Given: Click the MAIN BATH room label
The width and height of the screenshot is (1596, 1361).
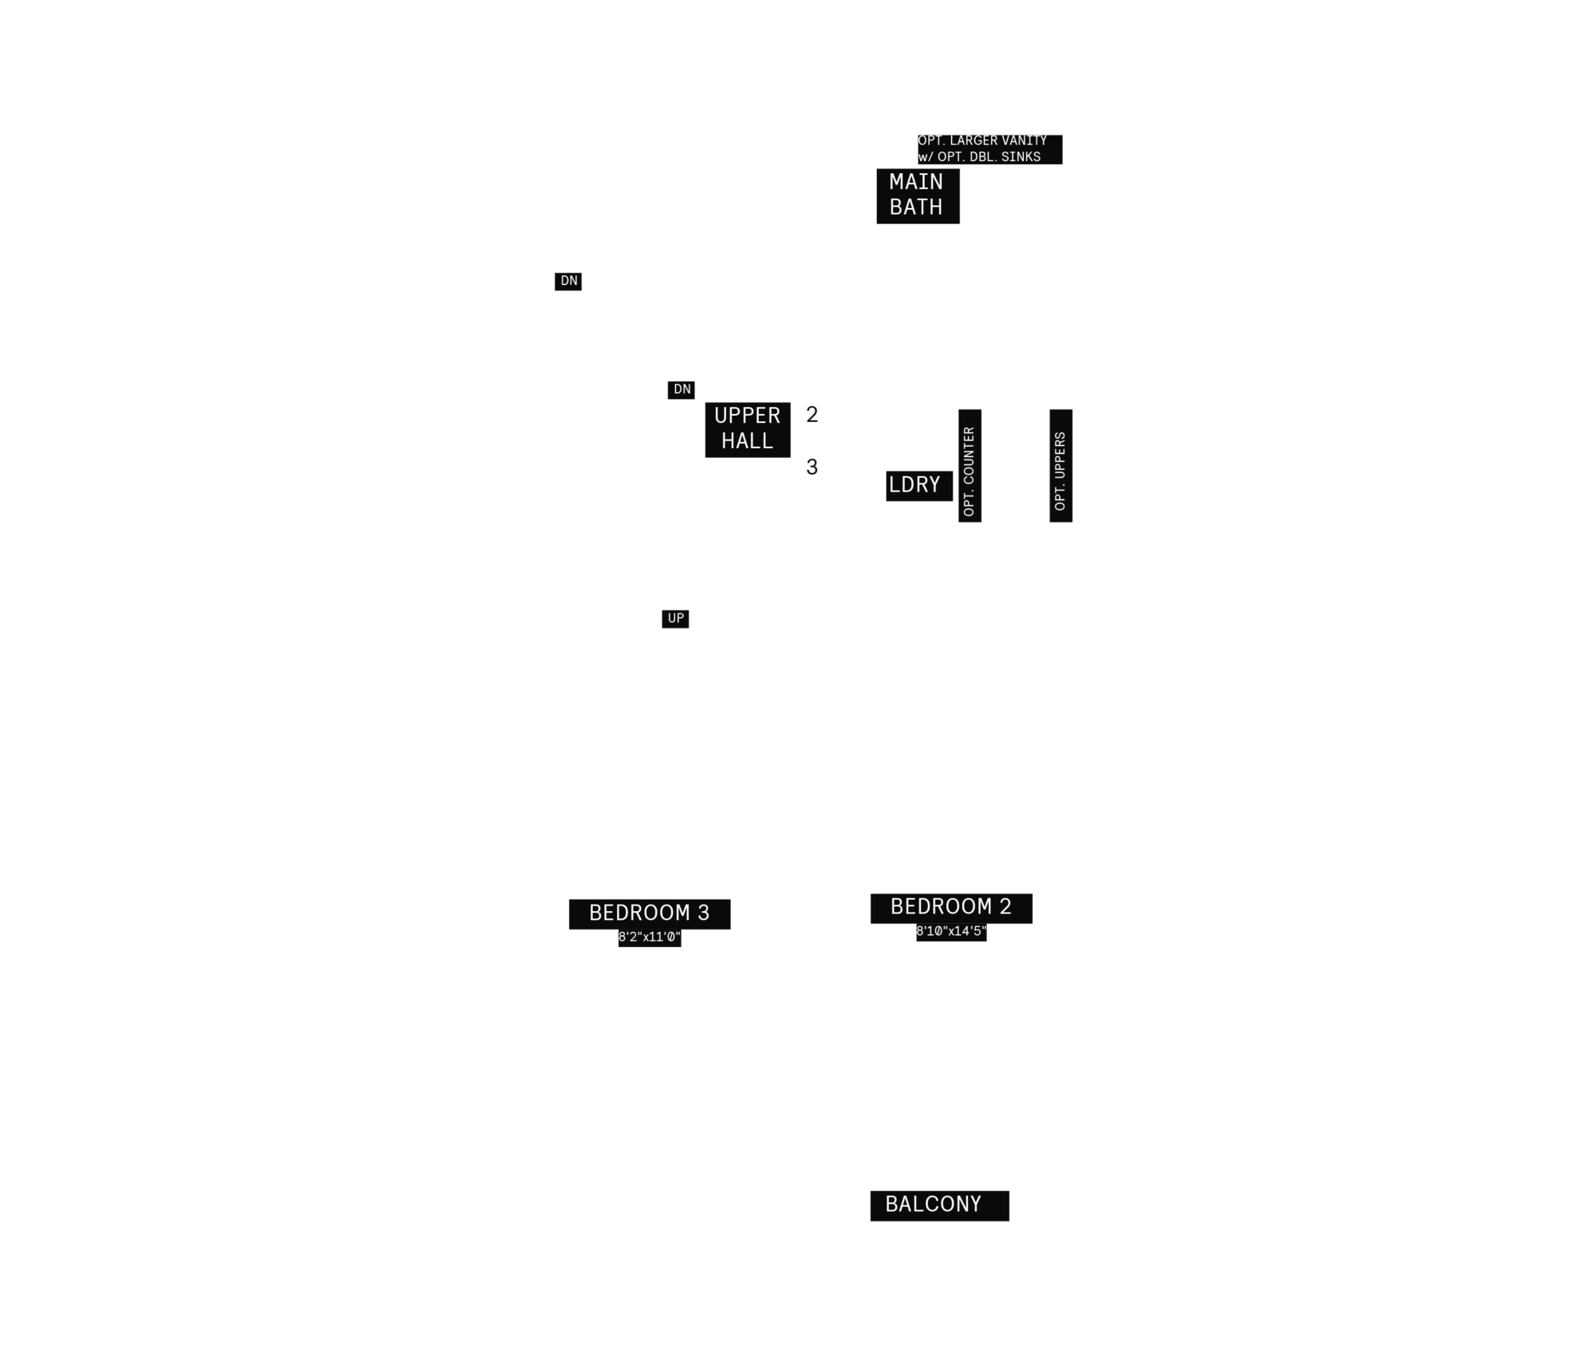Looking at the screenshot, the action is (918, 195).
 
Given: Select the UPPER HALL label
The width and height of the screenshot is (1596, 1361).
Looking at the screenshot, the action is (748, 429).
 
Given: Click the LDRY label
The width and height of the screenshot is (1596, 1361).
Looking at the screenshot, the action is (919, 486).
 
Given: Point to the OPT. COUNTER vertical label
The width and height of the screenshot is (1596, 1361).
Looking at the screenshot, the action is (970, 466).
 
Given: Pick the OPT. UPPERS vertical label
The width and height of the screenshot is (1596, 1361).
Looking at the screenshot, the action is (1061, 466).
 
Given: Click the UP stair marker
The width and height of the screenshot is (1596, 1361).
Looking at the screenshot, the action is (675, 619).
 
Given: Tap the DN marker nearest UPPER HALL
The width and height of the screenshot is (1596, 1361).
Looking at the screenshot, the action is (681, 390).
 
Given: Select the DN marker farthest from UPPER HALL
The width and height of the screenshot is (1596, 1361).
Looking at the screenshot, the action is (568, 282).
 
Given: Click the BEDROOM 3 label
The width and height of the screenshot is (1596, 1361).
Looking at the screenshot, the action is (650, 913).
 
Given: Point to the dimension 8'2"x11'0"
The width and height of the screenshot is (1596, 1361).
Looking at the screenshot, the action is (650, 937).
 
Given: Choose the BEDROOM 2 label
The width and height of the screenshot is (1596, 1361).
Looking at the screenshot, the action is (951, 908).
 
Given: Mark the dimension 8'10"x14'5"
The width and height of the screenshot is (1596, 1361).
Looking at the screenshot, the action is (951, 932).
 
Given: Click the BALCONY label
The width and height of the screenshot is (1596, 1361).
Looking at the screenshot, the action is (940, 1205).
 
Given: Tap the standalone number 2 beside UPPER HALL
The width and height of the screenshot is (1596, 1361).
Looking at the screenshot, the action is (812, 415).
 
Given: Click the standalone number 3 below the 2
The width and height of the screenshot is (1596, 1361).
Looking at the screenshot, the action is (812, 467).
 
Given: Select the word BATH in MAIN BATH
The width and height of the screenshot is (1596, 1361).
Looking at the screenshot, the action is (916, 207).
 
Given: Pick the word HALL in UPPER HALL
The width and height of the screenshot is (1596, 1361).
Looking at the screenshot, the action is (748, 441).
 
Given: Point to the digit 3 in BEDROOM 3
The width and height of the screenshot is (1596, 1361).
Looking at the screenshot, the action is (704, 913).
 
